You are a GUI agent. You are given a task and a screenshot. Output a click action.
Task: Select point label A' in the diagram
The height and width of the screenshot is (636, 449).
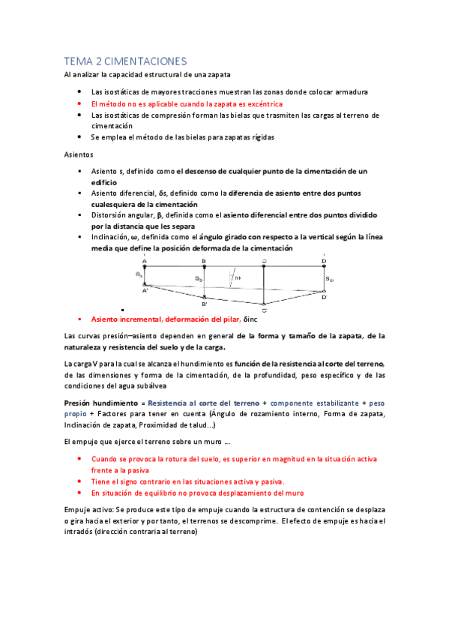click(x=145, y=290)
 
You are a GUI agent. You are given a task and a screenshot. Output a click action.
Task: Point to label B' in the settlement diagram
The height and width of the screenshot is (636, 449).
click(x=204, y=304)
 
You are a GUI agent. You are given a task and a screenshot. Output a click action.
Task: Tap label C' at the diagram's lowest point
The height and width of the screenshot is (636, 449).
click(x=264, y=310)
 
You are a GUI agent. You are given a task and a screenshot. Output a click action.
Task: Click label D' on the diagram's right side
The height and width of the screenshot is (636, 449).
click(x=324, y=298)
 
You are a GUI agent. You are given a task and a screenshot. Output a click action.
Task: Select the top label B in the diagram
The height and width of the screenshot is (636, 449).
click(x=204, y=260)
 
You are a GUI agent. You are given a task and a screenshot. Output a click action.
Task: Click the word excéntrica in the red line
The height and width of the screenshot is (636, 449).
click(x=262, y=103)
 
